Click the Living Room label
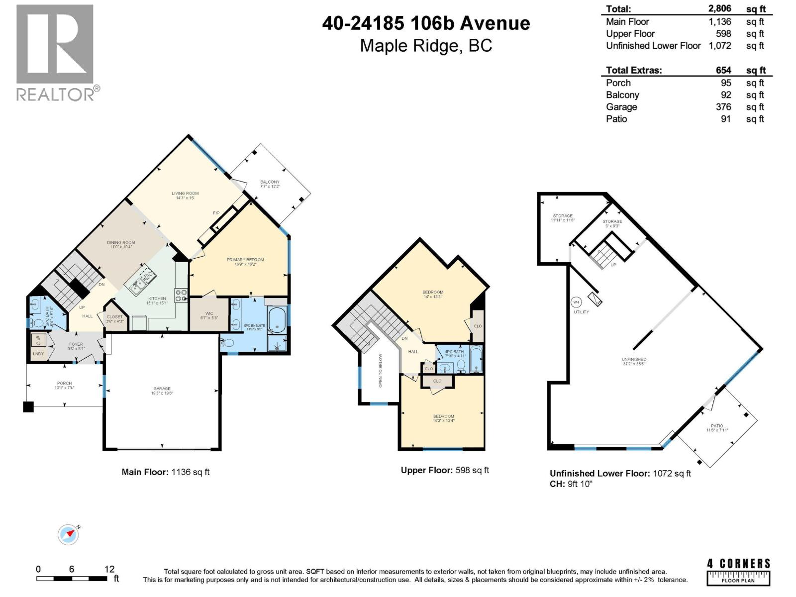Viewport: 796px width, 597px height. point(185,196)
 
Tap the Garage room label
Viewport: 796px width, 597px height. point(162,391)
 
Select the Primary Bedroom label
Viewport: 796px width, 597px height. point(245,262)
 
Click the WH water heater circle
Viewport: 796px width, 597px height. point(576,302)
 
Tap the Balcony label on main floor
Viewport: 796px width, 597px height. point(270,184)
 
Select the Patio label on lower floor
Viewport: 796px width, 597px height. point(717,428)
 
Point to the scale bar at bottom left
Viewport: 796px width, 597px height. point(72,579)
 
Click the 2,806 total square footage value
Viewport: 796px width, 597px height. point(720,8)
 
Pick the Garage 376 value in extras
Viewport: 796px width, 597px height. point(723,107)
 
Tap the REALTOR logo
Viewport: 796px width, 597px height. point(55,52)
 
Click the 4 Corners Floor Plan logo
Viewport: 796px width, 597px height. point(739,571)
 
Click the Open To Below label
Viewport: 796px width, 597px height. point(381,371)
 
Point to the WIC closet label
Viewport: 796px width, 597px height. point(209,315)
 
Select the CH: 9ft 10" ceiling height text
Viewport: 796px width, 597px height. point(571,484)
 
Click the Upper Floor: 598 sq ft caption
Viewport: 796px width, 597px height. point(445,470)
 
